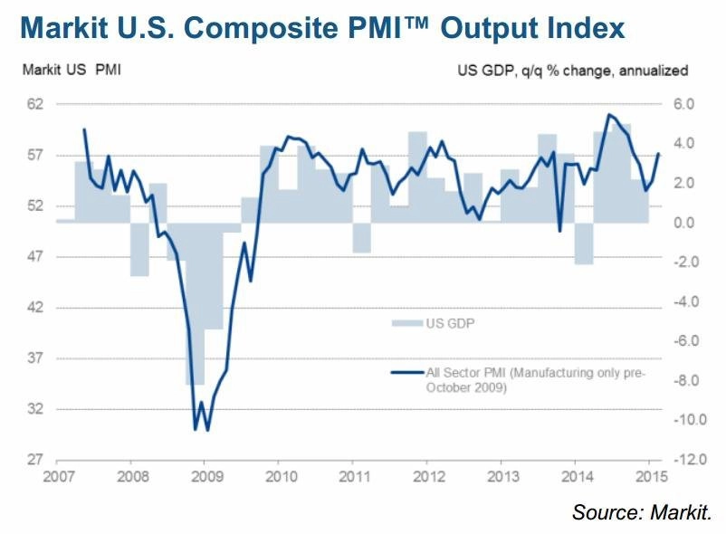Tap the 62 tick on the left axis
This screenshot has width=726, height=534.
35,104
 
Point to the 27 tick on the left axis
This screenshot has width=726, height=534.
35,460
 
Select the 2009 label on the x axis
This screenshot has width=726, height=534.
207,476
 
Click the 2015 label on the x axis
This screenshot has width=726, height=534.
652,476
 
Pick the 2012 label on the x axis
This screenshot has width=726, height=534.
429,476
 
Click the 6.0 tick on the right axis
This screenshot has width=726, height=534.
683,104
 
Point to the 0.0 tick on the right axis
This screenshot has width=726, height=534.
683,223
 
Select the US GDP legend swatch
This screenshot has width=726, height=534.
407,323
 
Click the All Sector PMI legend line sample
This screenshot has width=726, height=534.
407,372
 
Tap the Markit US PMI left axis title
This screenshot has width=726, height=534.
72,70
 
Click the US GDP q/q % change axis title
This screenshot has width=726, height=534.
573,71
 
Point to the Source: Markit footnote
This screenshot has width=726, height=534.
642,512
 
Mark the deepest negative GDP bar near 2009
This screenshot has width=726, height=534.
196,303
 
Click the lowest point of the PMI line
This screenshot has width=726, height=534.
207,430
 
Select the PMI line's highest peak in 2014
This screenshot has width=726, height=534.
609,114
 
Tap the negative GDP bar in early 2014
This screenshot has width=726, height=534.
584,243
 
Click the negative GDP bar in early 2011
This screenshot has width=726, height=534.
362,238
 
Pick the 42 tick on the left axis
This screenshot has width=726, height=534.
35,307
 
